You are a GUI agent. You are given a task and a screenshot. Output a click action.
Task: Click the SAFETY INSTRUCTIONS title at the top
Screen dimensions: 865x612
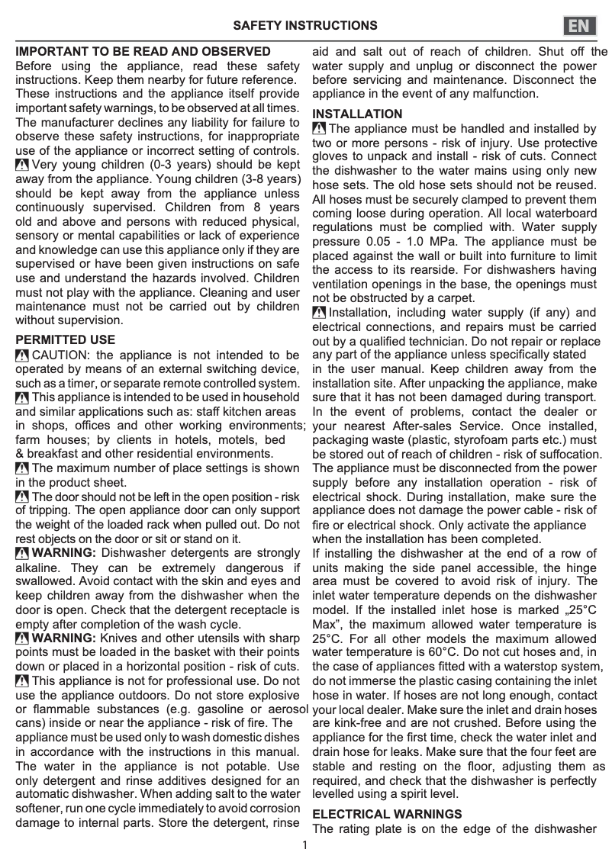point(305,25)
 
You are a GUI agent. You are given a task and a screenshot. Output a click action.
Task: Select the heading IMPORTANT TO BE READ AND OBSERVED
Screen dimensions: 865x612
point(143,52)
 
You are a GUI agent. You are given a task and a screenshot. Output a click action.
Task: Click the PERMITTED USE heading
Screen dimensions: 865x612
point(66,339)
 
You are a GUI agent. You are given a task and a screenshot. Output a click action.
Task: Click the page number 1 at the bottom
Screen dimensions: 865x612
point(304,844)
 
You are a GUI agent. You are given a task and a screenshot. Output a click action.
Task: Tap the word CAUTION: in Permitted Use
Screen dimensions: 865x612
point(62,355)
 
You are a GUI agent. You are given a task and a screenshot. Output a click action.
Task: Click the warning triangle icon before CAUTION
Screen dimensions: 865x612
point(22,355)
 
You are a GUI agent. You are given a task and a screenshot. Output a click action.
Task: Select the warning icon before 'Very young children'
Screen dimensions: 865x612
point(22,165)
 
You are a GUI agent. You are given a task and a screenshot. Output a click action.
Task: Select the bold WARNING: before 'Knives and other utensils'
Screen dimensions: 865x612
point(63,638)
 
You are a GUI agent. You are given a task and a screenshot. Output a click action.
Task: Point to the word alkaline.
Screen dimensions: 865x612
point(38,568)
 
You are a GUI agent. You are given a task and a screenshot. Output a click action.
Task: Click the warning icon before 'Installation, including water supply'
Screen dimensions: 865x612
point(319,313)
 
